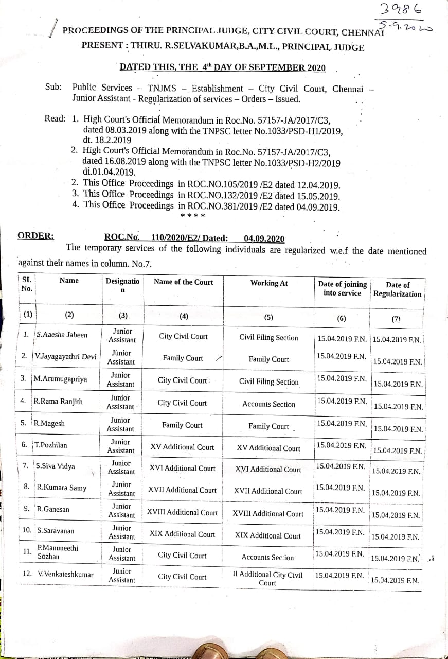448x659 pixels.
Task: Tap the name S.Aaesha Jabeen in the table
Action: [x=62, y=335]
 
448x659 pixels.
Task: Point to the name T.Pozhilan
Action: [x=50, y=445]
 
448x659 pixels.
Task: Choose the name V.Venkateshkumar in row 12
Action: [x=65, y=574]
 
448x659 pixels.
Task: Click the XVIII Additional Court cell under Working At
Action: [x=268, y=514]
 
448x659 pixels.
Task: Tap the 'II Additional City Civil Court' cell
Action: [x=267, y=579]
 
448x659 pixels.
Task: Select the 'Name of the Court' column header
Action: [x=183, y=282]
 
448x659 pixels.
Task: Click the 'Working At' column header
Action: [x=269, y=283]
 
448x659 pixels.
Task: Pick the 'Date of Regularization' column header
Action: [x=397, y=289]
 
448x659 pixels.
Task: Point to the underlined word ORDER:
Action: [x=35, y=236]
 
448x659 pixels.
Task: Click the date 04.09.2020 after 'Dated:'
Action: [x=264, y=238]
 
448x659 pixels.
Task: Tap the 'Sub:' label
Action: [x=53, y=88]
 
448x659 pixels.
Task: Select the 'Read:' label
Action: [x=55, y=118]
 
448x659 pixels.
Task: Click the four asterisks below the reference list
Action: [x=193, y=216]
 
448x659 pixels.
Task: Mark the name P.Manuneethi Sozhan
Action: [x=58, y=552]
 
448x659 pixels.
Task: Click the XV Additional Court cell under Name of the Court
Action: [x=182, y=447]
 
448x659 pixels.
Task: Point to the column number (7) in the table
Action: [x=396, y=319]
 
